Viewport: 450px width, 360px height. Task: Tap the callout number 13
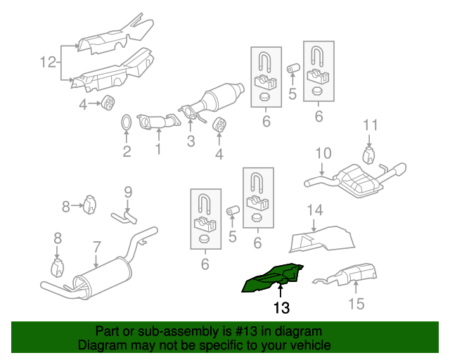(281, 307)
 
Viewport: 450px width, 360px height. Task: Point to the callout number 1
(158, 149)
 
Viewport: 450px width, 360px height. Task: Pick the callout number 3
(191, 141)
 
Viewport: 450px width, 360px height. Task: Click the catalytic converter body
(223, 98)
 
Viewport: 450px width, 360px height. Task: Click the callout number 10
(322, 153)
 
